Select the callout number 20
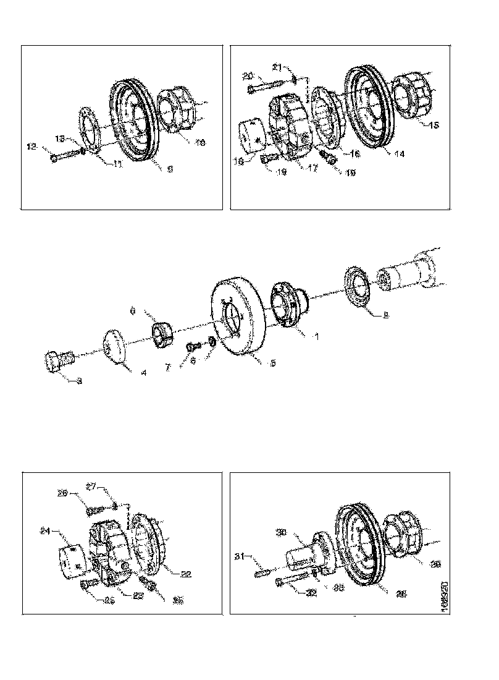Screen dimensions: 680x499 point(248,76)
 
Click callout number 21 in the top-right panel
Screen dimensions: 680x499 point(277,66)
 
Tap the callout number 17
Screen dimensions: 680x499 point(312,168)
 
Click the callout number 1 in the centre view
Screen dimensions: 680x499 point(316,337)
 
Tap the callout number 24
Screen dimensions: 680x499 point(44,530)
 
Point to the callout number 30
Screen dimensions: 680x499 point(280,531)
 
